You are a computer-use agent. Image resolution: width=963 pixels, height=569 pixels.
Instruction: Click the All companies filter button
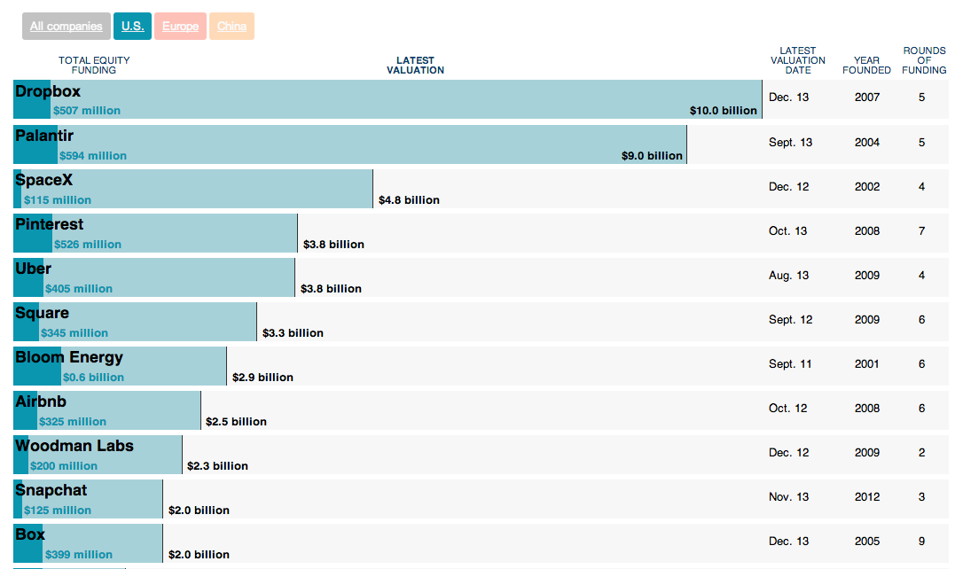67,27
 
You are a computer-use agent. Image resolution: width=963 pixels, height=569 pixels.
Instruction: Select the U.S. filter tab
133,27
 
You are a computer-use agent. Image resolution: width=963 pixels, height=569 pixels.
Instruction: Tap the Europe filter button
181,27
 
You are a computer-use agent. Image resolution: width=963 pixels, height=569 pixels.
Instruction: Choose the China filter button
232,27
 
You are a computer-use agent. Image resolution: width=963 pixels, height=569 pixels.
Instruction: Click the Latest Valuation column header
415,66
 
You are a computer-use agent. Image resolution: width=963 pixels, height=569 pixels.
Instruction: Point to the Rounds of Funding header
924,60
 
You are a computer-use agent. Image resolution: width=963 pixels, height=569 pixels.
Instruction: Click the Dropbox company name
48,91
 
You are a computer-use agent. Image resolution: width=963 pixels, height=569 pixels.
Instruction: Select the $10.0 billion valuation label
724,111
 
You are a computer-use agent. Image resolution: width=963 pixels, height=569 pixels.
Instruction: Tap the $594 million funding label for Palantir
93,156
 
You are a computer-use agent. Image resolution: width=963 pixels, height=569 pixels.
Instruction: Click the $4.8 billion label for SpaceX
409,200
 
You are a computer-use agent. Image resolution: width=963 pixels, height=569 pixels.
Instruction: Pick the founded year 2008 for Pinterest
867,231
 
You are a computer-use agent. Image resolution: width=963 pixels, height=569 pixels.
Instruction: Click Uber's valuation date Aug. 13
788,276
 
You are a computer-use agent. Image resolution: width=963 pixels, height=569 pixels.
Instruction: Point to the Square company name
42,313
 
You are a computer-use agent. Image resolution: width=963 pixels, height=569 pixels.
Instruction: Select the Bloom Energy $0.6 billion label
93,378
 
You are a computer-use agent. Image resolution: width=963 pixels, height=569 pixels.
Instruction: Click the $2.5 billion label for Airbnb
236,422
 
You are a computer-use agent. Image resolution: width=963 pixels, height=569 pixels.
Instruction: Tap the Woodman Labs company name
74,446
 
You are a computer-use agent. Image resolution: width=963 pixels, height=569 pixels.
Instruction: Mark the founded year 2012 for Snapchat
867,497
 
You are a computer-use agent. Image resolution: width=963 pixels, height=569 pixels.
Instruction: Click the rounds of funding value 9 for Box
922,542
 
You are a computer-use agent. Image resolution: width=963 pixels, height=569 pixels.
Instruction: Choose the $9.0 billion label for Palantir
652,156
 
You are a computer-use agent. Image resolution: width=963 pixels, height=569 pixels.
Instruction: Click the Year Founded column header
867,66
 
